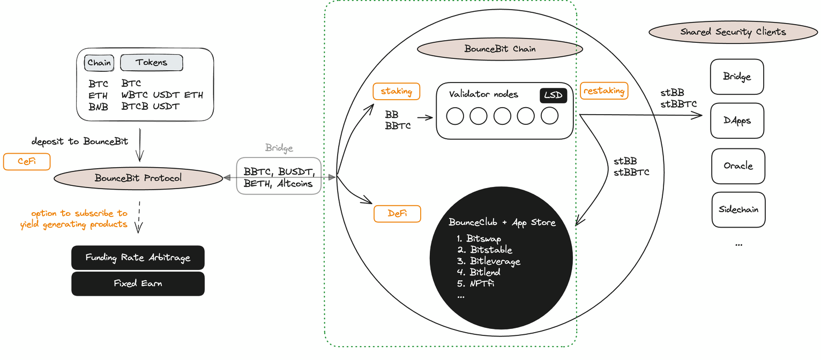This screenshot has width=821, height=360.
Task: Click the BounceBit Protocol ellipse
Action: (138, 178)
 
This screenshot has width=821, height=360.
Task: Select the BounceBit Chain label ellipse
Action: (500, 49)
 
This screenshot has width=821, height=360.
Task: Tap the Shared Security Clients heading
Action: (733, 32)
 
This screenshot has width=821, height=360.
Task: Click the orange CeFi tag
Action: (27, 162)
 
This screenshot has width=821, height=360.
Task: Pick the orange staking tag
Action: (397, 92)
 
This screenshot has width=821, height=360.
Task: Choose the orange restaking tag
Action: (603, 91)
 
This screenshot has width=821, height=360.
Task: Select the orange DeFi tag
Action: (397, 214)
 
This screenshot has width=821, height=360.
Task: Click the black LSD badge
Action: (553, 96)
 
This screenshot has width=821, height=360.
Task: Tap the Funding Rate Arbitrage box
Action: (138, 258)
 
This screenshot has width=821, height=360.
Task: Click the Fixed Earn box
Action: (138, 283)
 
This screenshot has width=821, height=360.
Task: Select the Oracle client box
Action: (738, 166)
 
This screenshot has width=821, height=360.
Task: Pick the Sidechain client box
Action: (738, 209)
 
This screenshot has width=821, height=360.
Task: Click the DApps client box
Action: (737, 121)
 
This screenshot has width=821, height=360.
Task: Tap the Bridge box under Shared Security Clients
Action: (737, 77)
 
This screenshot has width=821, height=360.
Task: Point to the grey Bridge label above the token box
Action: (279, 148)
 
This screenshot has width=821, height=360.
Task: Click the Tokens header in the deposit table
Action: (151, 63)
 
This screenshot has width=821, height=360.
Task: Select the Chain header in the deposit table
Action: (99, 63)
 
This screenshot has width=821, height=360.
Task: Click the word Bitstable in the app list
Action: (491, 250)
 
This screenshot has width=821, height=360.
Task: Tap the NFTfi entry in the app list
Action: (482, 283)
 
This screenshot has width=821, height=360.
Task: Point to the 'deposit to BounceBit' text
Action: (80, 141)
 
